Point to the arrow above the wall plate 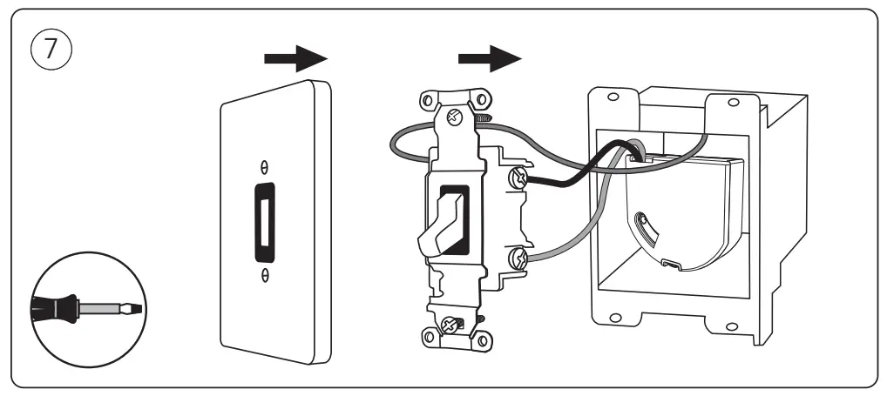(x=295, y=60)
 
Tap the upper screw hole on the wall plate (x=265, y=164)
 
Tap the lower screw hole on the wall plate (x=265, y=276)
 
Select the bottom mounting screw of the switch (x=452, y=325)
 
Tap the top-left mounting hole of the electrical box (x=613, y=97)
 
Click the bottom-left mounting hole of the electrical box (x=613, y=317)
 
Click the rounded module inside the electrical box (x=688, y=218)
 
